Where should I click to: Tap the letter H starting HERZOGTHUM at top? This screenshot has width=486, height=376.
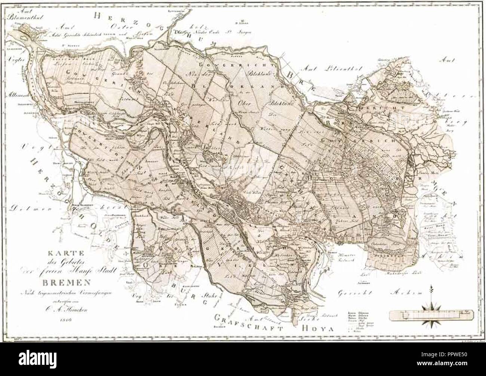coord(97,16)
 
